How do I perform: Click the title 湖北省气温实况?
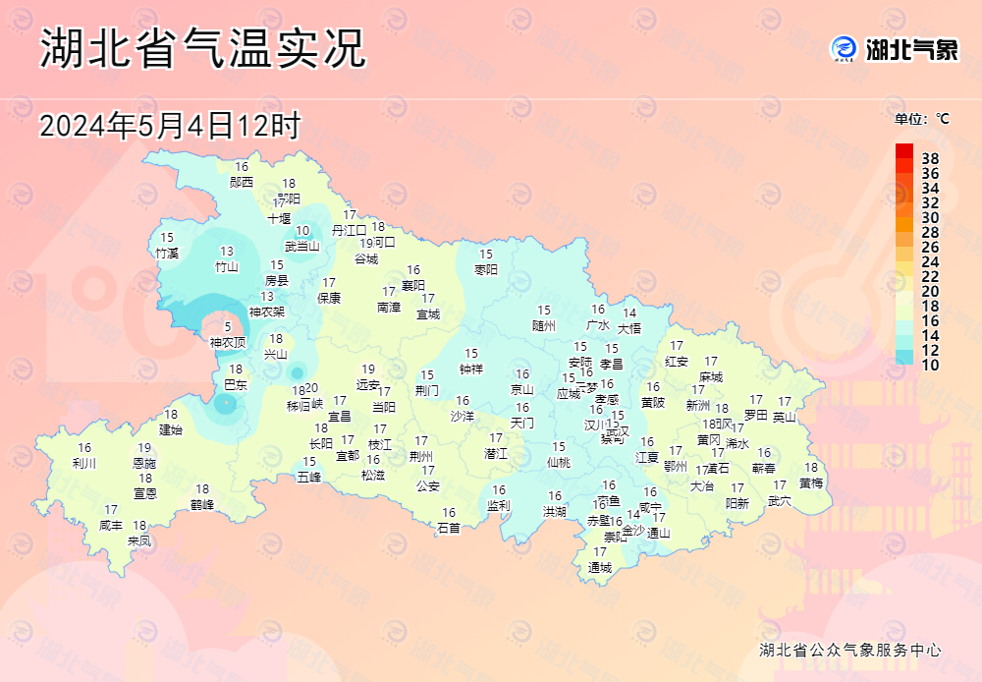tap(202, 48)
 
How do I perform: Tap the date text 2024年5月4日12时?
tap(169, 126)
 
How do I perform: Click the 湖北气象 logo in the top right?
tap(894, 49)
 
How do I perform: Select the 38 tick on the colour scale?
tap(930, 158)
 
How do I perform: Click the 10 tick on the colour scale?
tap(930, 365)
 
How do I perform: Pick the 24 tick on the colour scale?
tap(930, 261)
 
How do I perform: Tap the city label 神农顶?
tap(228, 343)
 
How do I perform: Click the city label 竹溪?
tap(167, 254)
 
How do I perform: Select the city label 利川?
tap(84, 464)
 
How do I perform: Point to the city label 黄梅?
tap(811, 483)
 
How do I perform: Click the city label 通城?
tap(600, 568)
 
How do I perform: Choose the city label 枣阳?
tap(486, 269)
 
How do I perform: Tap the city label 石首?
tap(449, 528)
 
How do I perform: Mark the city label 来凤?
tap(139, 540)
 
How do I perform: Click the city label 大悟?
tap(629, 328)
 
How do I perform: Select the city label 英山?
tap(785, 417)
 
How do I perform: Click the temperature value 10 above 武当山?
tap(302, 231)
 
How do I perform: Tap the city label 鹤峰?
tap(202, 505)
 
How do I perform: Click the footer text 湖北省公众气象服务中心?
tap(850, 651)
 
